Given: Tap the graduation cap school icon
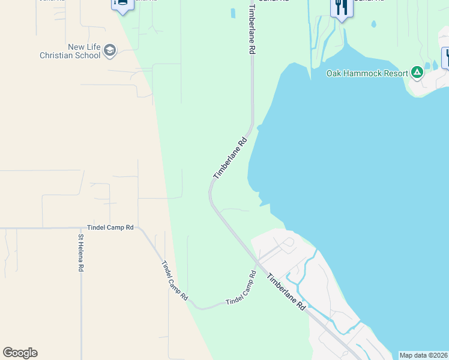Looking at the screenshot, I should (x=110, y=50).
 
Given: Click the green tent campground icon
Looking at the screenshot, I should (x=417, y=73).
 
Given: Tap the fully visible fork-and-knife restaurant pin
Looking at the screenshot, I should (x=340, y=8).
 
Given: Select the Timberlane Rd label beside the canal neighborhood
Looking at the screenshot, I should (x=287, y=292).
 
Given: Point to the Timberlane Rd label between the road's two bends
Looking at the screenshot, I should (x=231, y=158).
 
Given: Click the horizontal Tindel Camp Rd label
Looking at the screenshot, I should (x=110, y=228).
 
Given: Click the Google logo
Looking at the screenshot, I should (x=20, y=353).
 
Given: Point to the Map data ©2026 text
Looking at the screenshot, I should (x=423, y=355).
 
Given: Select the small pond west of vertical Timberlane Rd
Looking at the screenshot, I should (x=232, y=13).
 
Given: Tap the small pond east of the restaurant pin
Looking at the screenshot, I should (x=373, y=24).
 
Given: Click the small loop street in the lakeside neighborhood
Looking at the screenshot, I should (x=288, y=242).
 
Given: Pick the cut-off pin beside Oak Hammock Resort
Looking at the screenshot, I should (x=446, y=58).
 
